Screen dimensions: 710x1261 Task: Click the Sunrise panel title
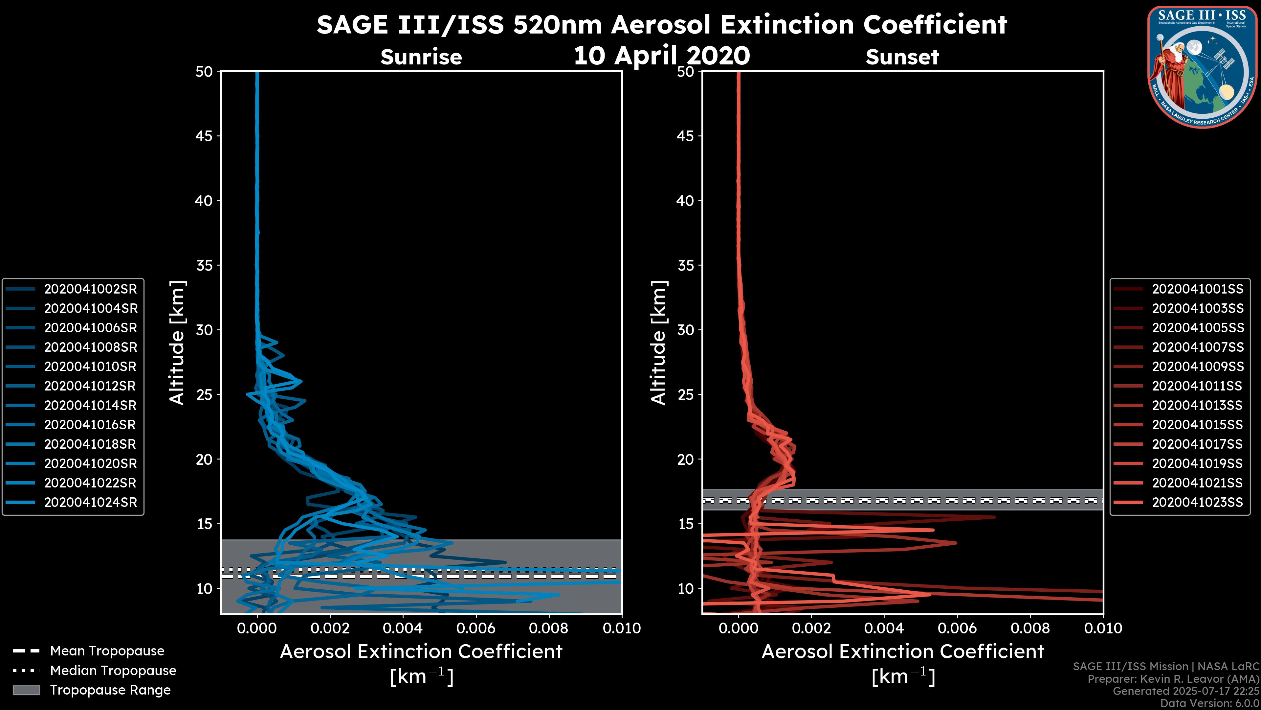tap(421, 57)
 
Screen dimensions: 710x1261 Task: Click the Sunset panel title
tap(902, 57)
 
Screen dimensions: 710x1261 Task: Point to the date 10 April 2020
tap(661, 55)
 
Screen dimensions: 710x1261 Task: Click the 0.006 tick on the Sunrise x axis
tap(476, 628)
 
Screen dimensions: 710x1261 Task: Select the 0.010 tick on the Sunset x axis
tap(1103, 628)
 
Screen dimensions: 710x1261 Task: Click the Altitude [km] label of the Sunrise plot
tap(177, 343)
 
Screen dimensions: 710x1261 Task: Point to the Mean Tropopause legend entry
tap(107, 651)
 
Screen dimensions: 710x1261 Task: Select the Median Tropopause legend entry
tap(113, 671)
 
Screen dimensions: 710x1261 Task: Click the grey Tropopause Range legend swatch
tap(26, 690)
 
